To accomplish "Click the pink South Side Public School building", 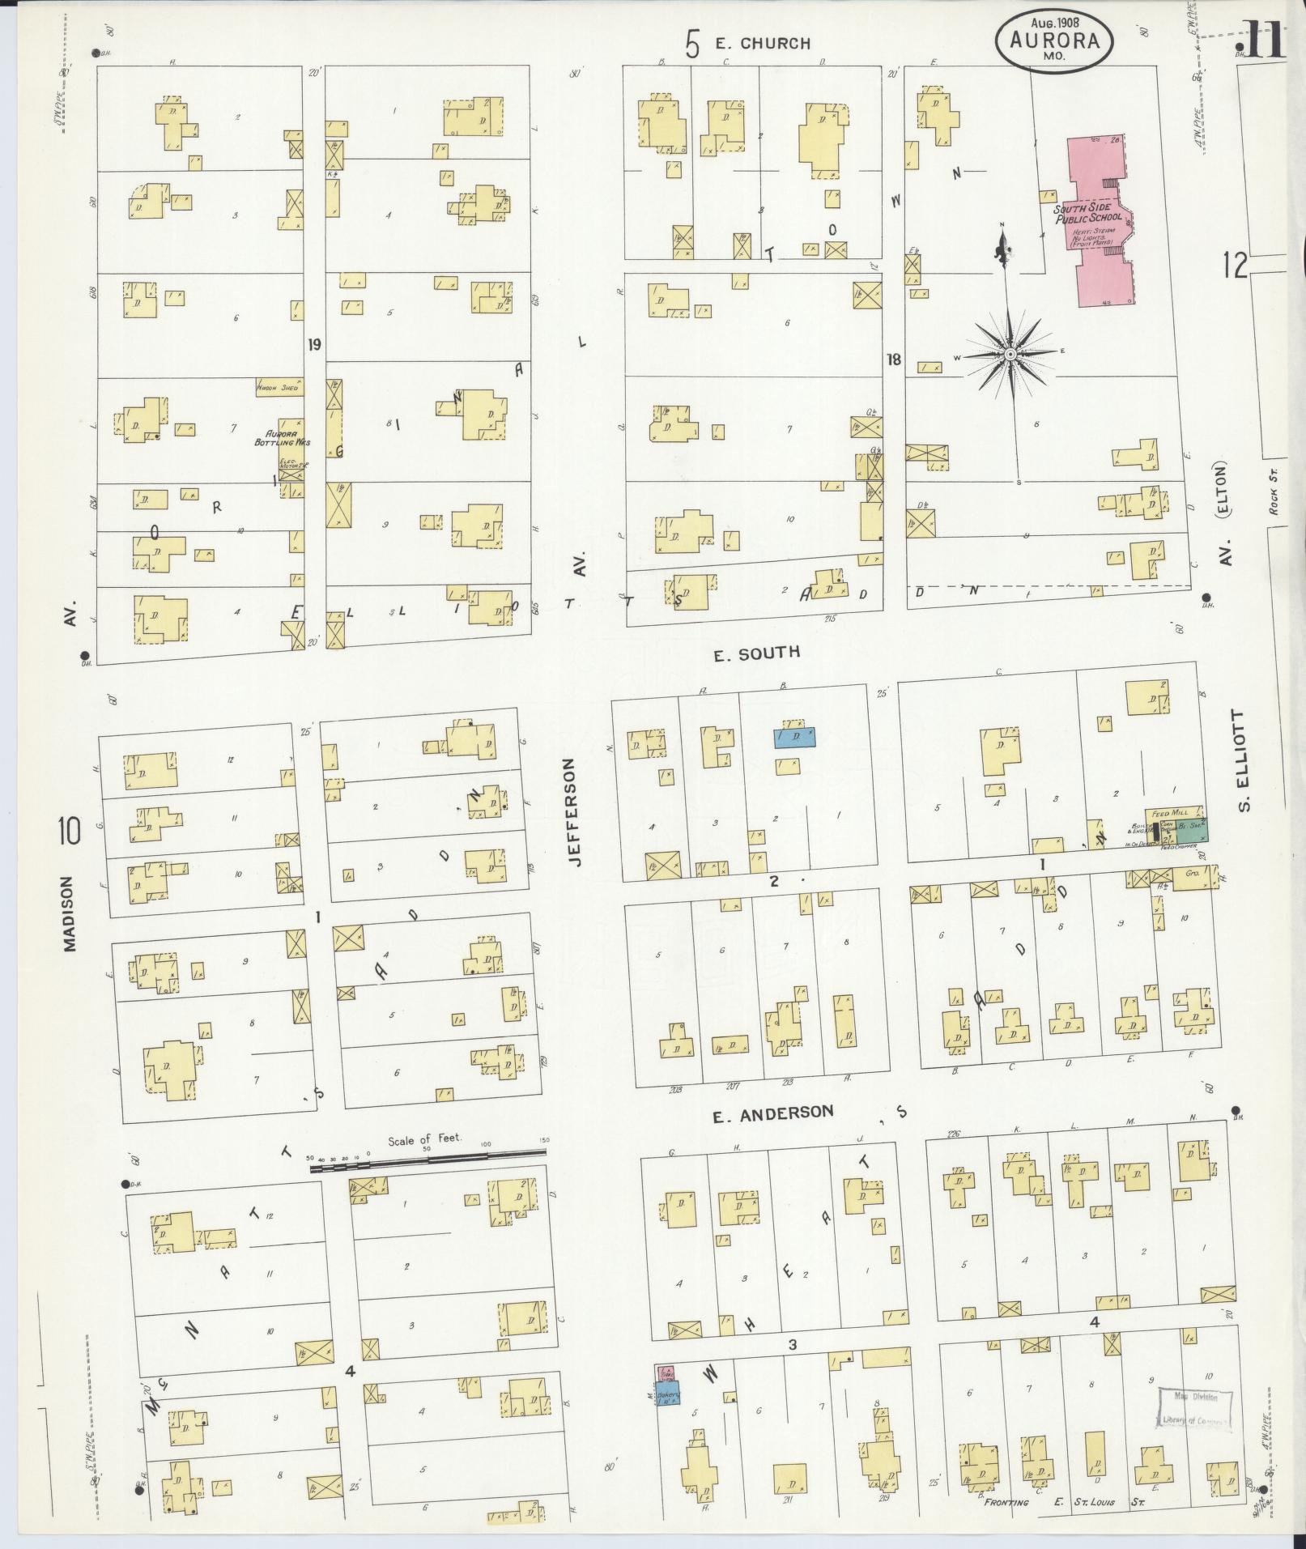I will pos(1101,223).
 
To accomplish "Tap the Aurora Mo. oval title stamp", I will pos(1053,40).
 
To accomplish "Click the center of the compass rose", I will pos(1010,355).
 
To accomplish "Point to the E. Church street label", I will pos(761,44).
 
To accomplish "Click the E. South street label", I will pos(756,653).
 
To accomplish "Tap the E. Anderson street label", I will pos(772,1114).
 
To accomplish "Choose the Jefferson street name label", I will pos(574,812).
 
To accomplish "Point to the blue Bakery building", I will pos(667,1397).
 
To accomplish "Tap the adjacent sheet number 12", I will pos(1236,264).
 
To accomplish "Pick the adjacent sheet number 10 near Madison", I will pos(70,832).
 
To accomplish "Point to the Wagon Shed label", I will pos(278,388).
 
